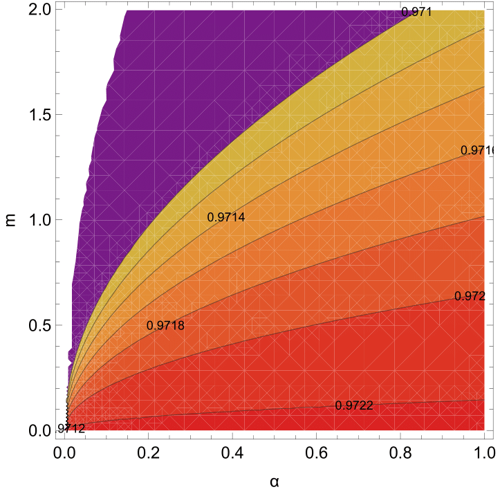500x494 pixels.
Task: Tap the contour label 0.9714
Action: [226, 217]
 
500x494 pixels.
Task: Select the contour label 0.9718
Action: [165, 325]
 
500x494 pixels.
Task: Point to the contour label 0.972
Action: [470, 296]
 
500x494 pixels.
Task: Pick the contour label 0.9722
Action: [354, 405]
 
